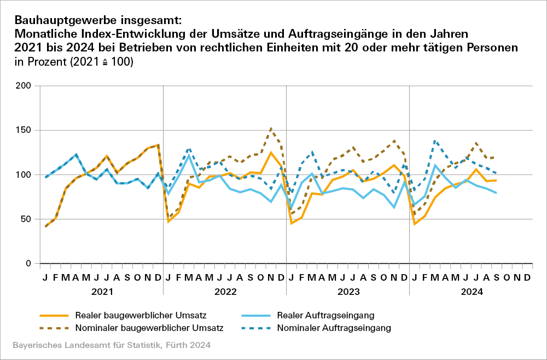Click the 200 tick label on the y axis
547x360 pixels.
click(25, 86)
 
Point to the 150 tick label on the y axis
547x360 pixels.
click(25, 130)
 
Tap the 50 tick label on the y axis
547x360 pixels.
click(27, 219)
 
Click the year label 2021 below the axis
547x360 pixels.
click(102, 292)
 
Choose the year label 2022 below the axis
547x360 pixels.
click(225, 292)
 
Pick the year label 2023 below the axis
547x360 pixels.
click(348, 292)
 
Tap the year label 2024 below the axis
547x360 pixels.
click(471, 292)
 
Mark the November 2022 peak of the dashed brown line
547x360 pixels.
click(271, 129)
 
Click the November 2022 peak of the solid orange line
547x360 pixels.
click(271, 153)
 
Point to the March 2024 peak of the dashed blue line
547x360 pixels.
click(435, 141)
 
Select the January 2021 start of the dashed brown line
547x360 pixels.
click(45, 227)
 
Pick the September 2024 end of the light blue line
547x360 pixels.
click(497, 193)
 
